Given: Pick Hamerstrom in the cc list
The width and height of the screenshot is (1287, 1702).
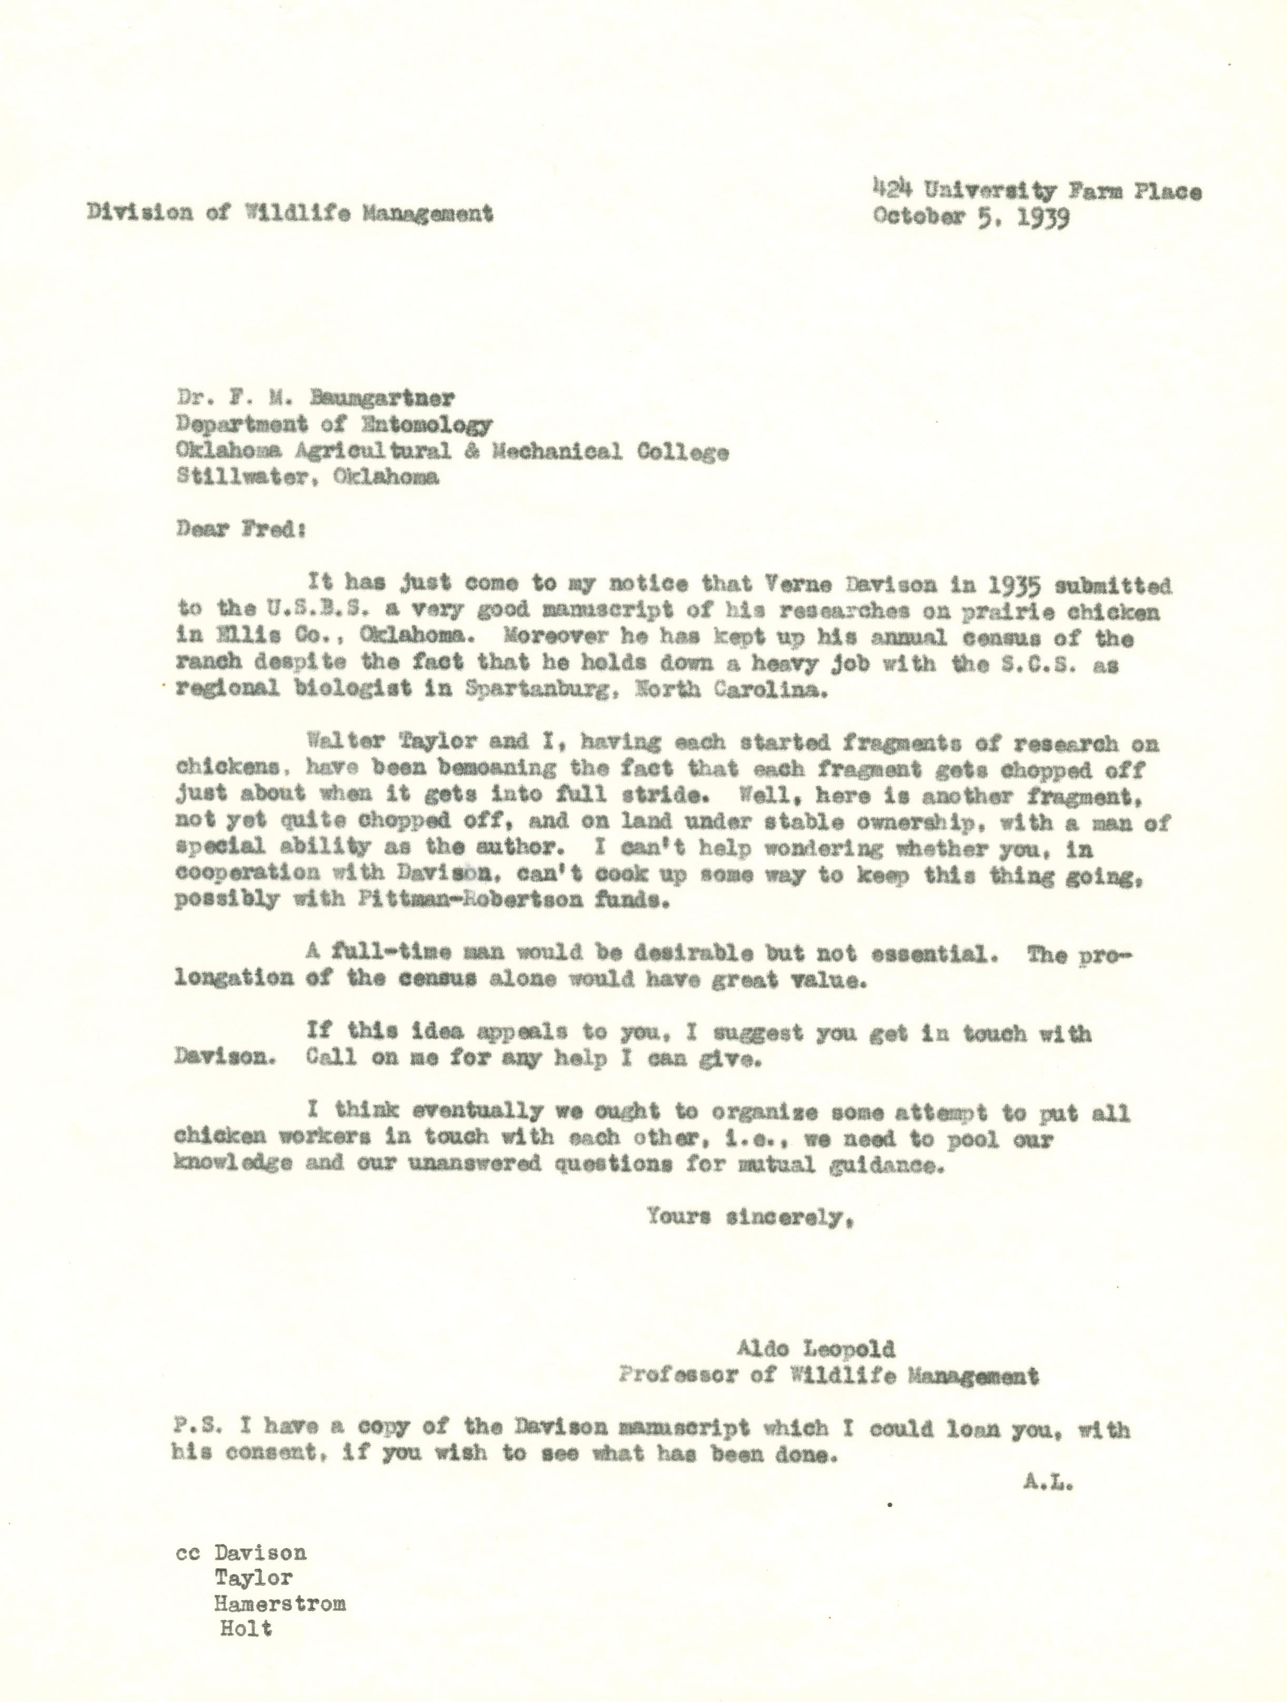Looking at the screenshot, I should click(x=280, y=1604).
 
